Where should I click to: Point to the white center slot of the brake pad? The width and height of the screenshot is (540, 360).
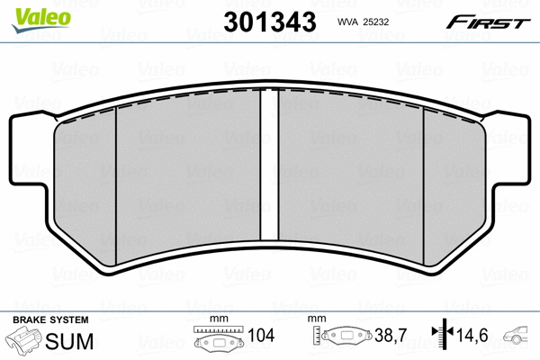[266, 162]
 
